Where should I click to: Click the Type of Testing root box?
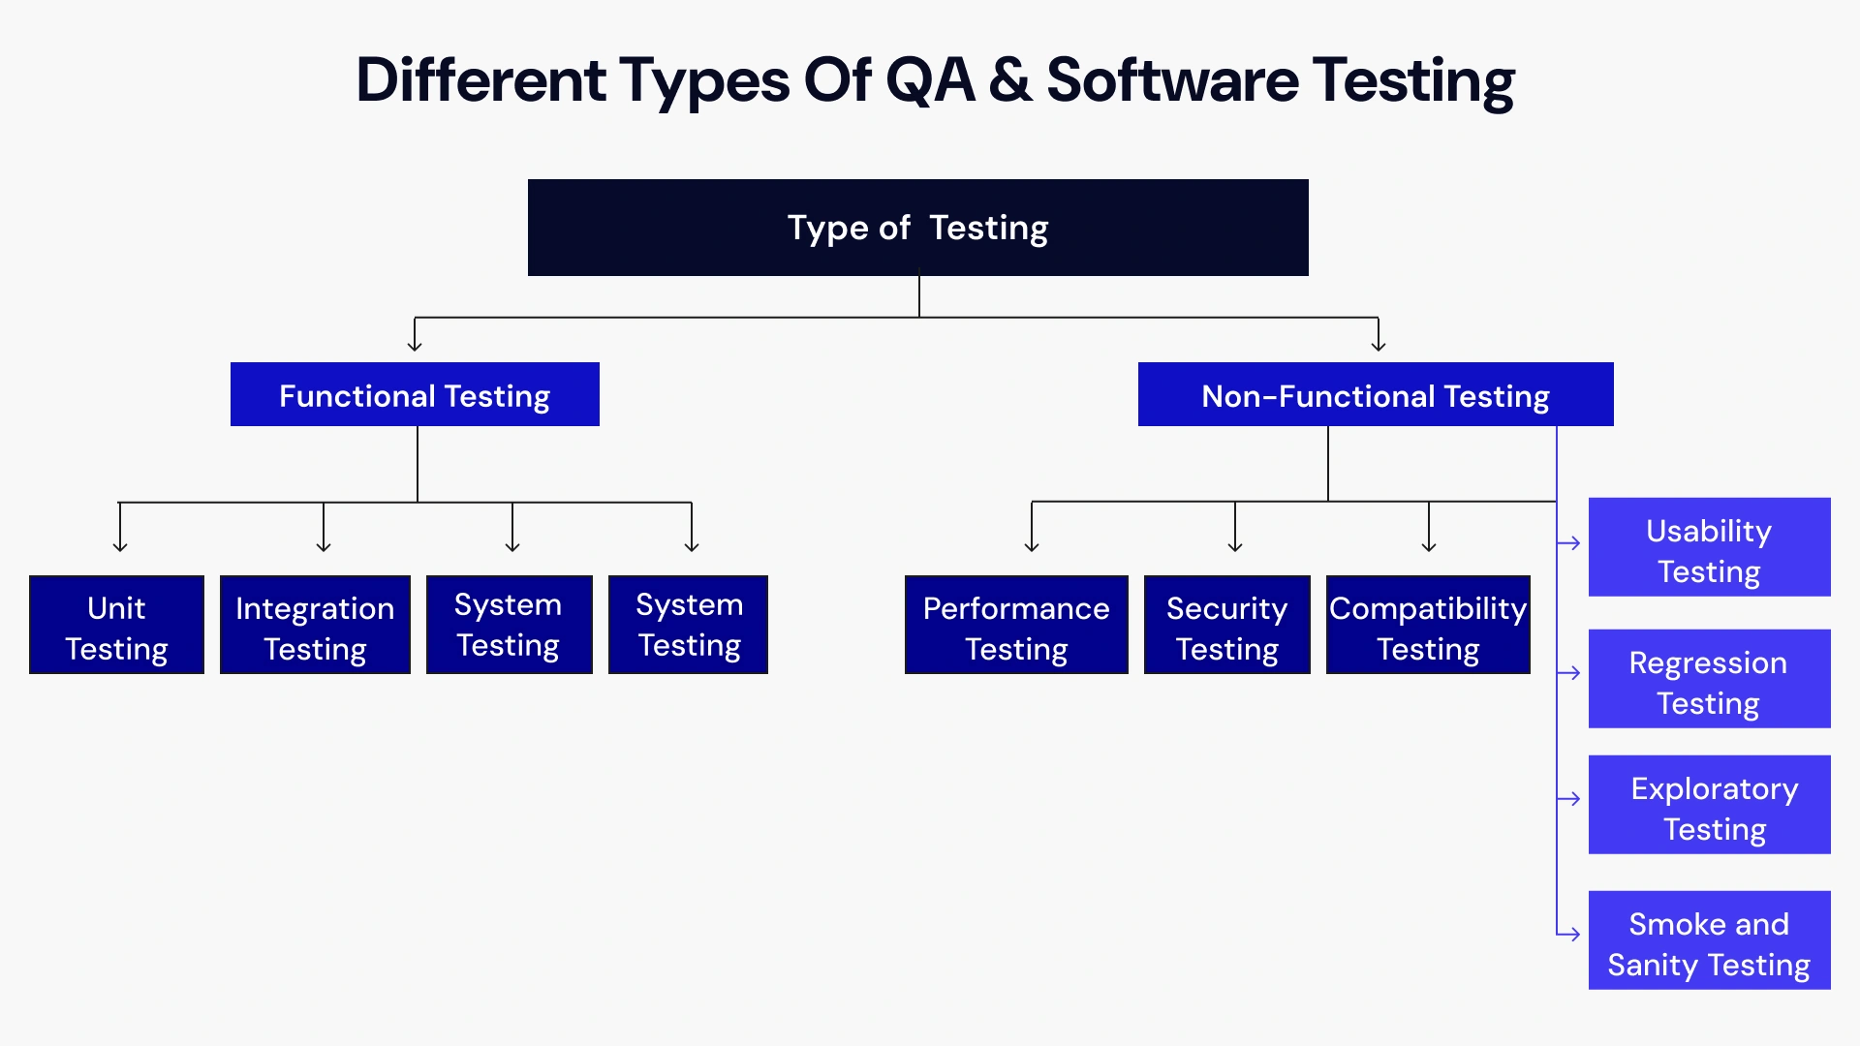point(917,228)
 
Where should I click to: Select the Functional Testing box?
point(415,395)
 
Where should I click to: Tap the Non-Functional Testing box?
point(1375,395)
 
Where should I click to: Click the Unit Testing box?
point(116,626)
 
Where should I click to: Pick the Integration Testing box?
point(315,626)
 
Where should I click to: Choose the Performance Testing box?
point(1016,626)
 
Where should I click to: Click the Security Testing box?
point(1226,626)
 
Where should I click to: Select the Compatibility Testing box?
point(1428,626)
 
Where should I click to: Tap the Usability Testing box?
point(1709,548)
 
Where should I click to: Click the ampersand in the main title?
point(1010,80)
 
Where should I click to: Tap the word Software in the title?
point(1172,80)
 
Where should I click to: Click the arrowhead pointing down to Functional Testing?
point(415,345)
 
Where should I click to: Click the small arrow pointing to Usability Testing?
point(1570,543)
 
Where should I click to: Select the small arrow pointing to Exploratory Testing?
point(1570,799)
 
